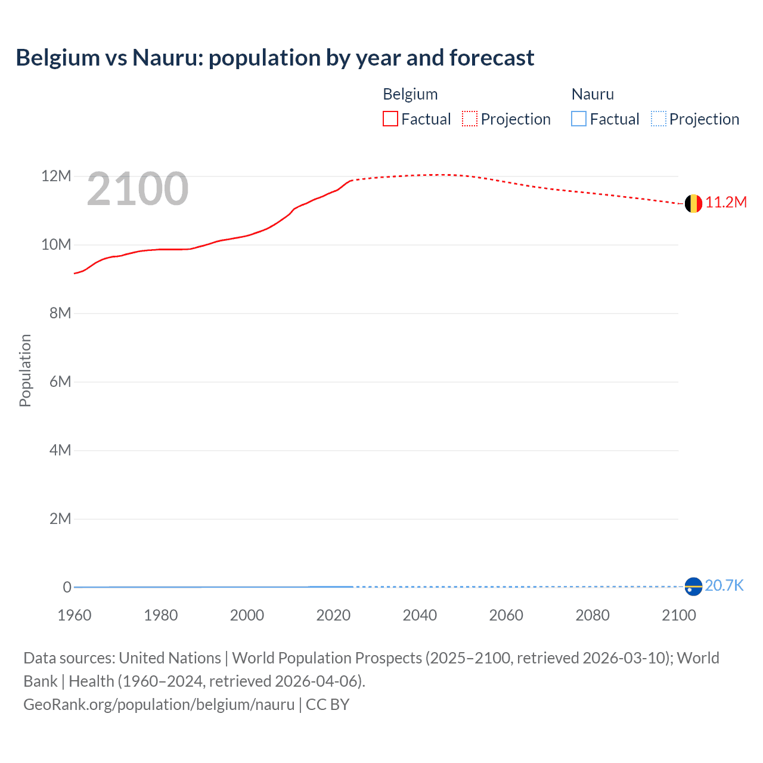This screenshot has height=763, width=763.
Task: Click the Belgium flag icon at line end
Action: click(693, 203)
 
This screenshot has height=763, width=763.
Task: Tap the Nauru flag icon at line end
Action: click(693, 587)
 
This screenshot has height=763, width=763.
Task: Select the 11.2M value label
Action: click(726, 203)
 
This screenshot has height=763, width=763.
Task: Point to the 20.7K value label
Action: click(724, 586)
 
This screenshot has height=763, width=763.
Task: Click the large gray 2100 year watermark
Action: click(138, 190)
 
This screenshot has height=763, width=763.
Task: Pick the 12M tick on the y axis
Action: click(56, 176)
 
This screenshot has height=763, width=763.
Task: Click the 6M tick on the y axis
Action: click(60, 381)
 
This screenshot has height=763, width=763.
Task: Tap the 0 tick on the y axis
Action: click(67, 587)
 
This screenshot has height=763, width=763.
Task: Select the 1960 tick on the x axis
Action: click(75, 615)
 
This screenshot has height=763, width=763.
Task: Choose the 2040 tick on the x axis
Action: click(420, 615)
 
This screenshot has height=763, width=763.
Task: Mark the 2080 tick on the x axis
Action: click(593, 615)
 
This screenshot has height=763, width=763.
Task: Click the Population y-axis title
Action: click(25, 370)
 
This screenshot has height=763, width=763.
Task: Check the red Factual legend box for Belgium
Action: click(390, 119)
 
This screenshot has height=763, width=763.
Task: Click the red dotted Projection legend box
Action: click(470, 119)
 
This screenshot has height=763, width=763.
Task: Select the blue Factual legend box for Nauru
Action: click(579, 119)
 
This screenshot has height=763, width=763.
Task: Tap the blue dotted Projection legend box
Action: click(658, 119)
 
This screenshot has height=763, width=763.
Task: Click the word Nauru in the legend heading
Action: click(593, 94)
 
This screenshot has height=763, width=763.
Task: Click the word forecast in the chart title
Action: click(492, 58)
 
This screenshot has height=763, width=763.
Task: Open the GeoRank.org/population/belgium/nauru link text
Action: click(159, 705)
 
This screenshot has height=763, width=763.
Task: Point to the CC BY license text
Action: click(327, 705)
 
